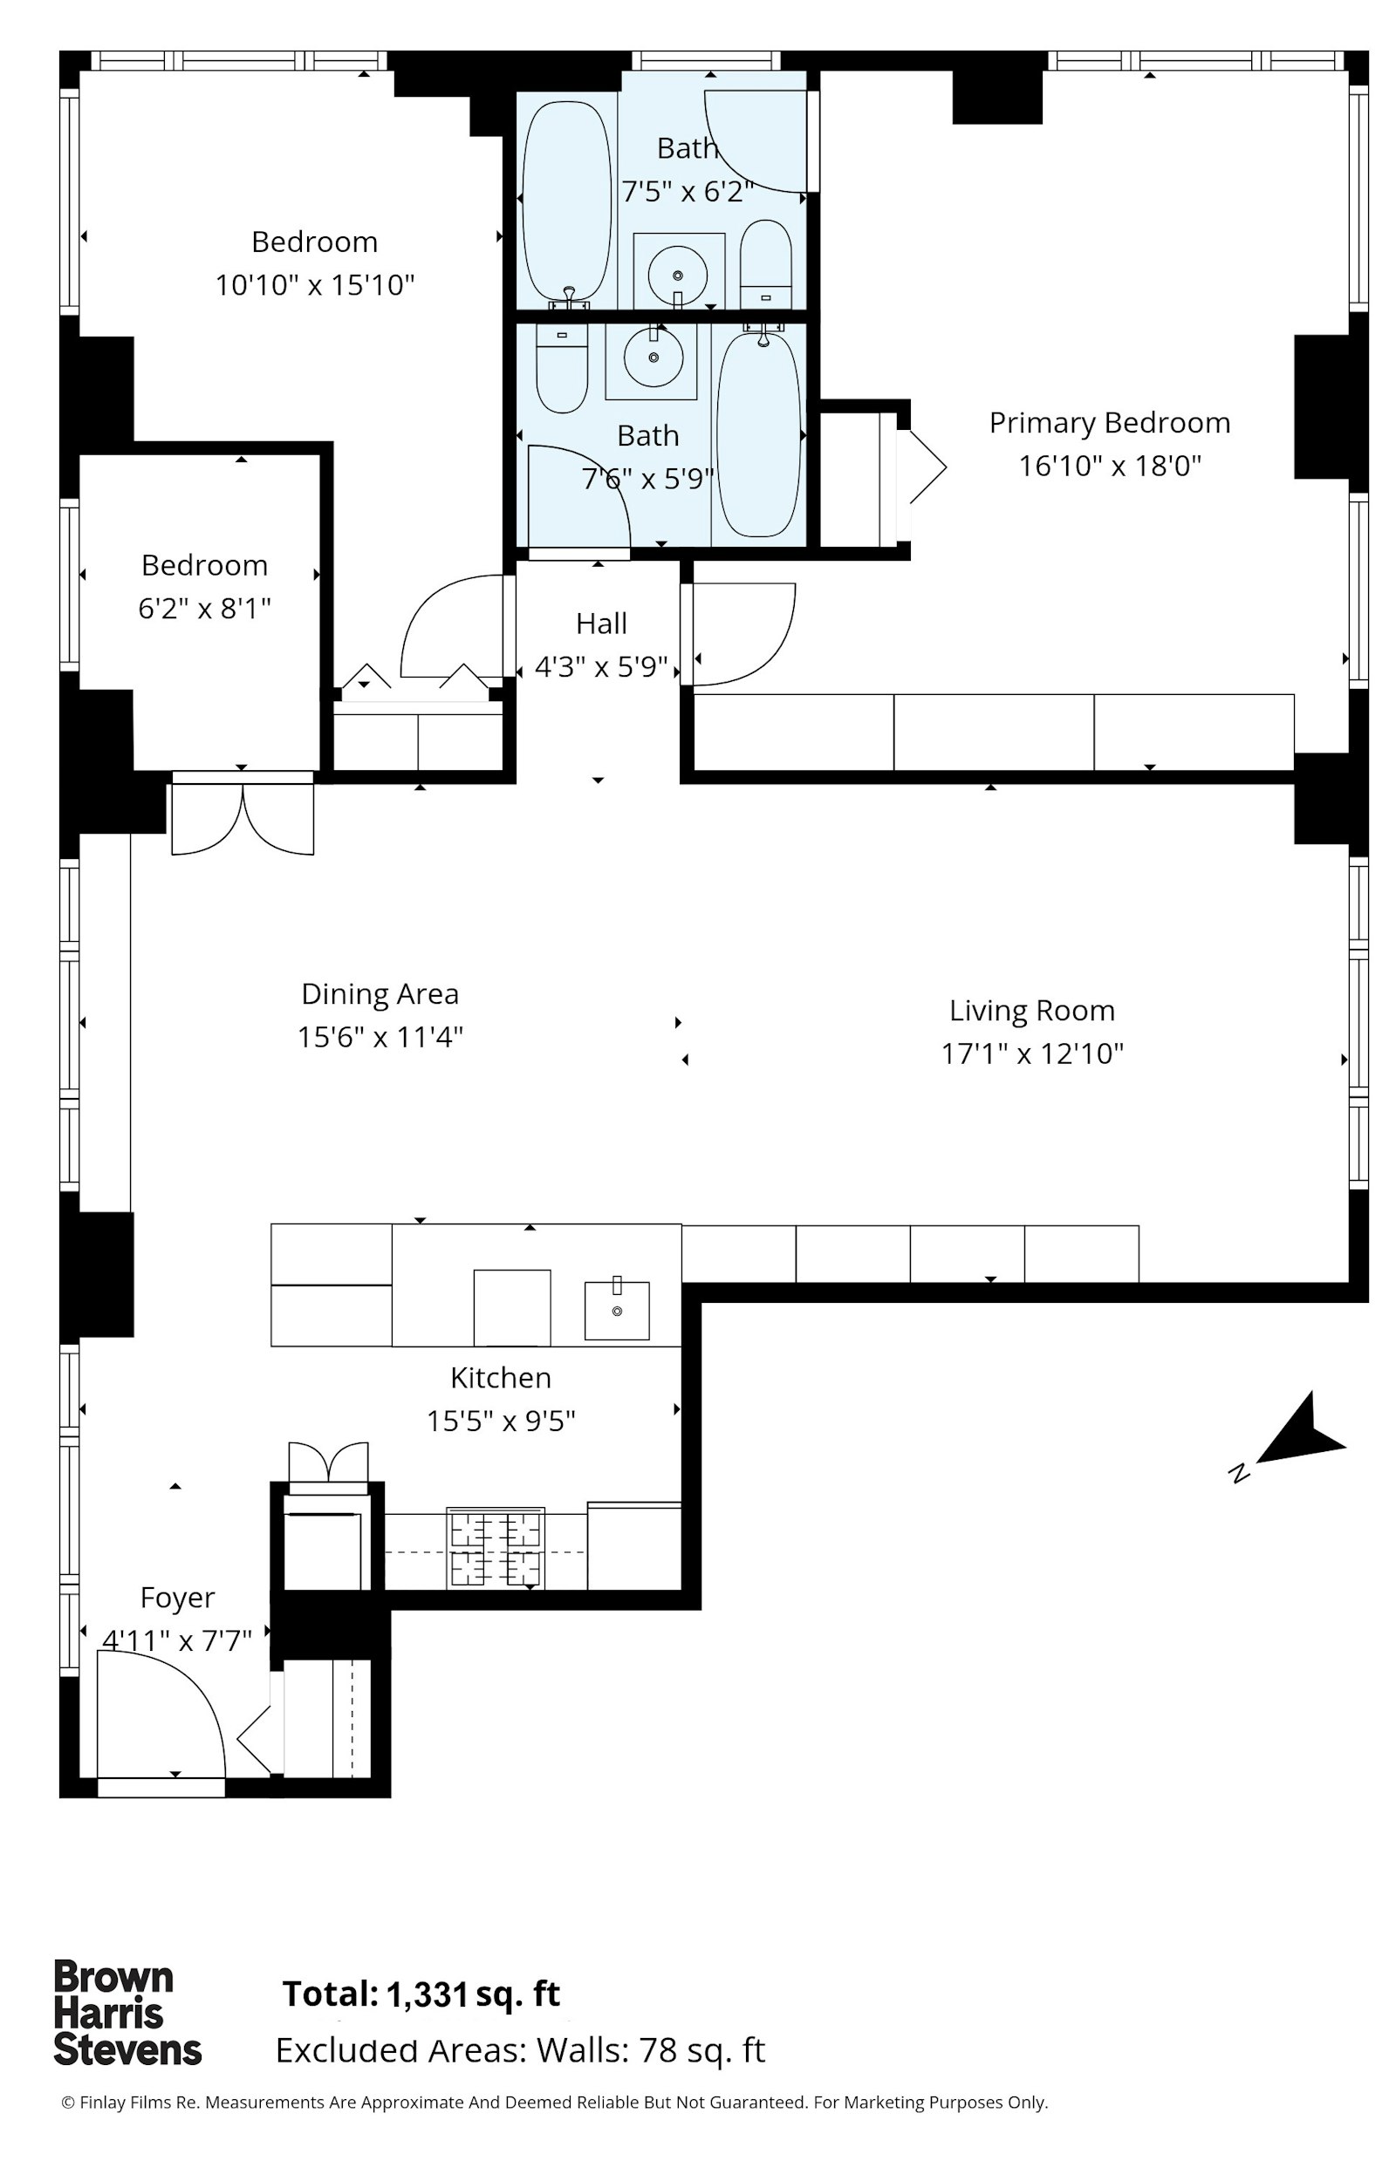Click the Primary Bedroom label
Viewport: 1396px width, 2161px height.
[1110, 423]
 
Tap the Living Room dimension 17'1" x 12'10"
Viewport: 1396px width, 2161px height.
[1031, 1053]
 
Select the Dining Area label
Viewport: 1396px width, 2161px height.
[380, 994]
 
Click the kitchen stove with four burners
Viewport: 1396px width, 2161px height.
[496, 1548]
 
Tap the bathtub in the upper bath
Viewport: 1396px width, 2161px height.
[567, 201]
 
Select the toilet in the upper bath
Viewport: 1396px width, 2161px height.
[766, 263]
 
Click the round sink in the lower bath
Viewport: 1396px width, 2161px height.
[653, 356]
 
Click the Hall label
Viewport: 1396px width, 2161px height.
[601, 624]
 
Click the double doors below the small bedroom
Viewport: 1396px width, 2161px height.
[243, 815]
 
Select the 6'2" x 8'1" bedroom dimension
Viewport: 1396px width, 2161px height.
[204, 608]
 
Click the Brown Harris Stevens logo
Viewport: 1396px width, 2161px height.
[127, 2014]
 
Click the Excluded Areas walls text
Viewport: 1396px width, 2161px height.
[520, 2050]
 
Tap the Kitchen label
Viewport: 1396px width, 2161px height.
[501, 1377]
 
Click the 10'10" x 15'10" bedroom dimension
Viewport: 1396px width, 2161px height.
[315, 285]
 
